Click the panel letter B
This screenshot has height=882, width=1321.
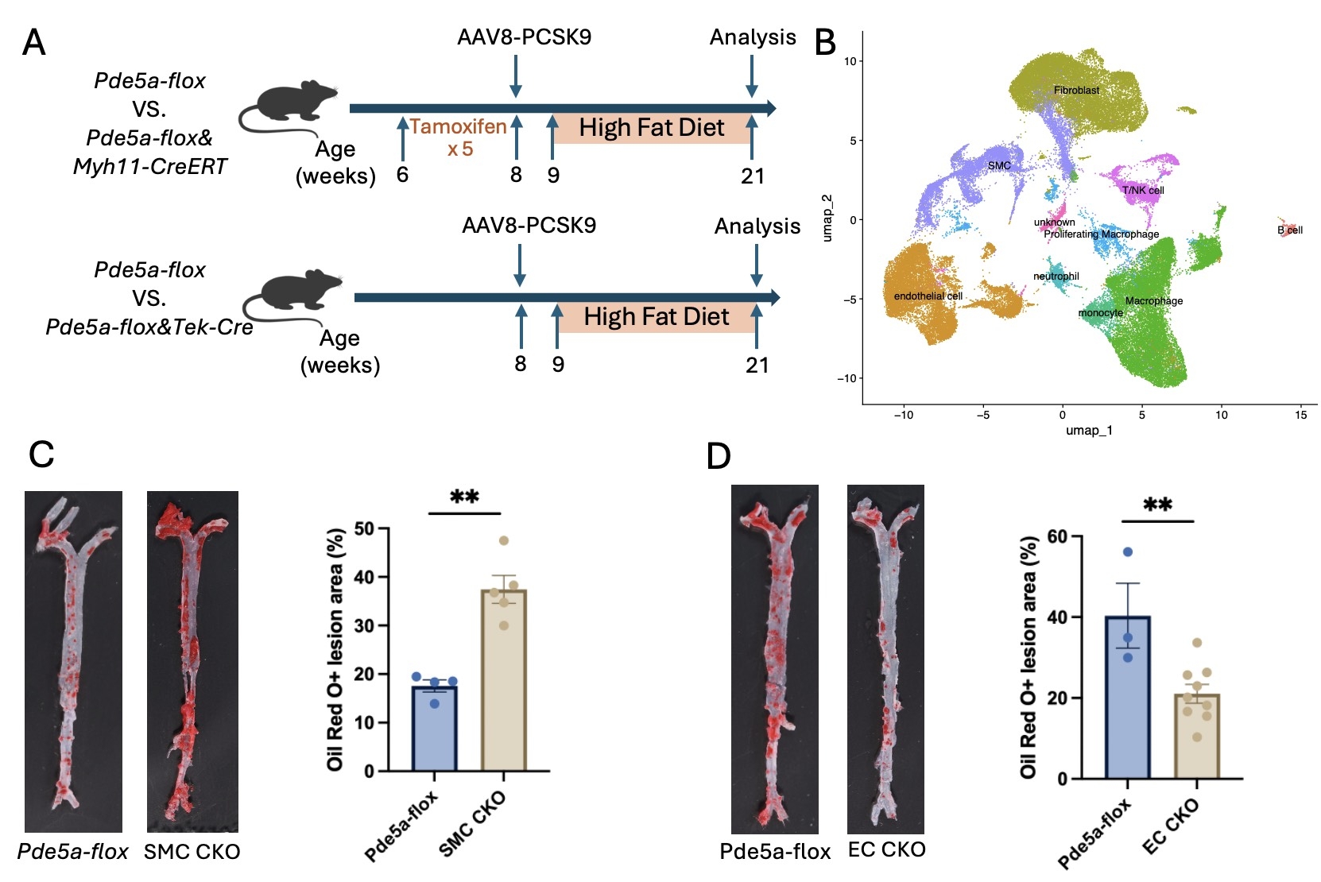tap(826, 43)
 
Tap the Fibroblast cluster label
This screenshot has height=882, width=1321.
tap(1076, 91)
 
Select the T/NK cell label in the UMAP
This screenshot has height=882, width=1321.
tap(1143, 191)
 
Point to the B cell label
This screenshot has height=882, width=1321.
tap(1289, 230)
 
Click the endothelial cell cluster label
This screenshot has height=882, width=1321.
tap(928, 296)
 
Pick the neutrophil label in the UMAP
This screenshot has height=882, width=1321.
tap(1056, 277)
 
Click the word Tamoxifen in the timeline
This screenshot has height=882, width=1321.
tap(458, 127)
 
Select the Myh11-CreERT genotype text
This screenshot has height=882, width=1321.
tap(149, 167)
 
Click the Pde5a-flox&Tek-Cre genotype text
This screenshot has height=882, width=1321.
tap(149, 327)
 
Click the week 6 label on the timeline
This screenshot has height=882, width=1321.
tap(402, 175)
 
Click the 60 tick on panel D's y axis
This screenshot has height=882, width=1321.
tap(1057, 536)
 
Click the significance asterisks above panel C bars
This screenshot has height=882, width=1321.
tap(464, 498)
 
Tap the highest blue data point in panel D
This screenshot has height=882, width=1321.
tap(1127, 552)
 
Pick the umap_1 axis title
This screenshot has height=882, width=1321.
tap(1088, 431)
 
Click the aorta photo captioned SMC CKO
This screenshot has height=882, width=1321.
tap(192, 661)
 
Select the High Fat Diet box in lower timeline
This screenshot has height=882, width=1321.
tap(656, 317)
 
